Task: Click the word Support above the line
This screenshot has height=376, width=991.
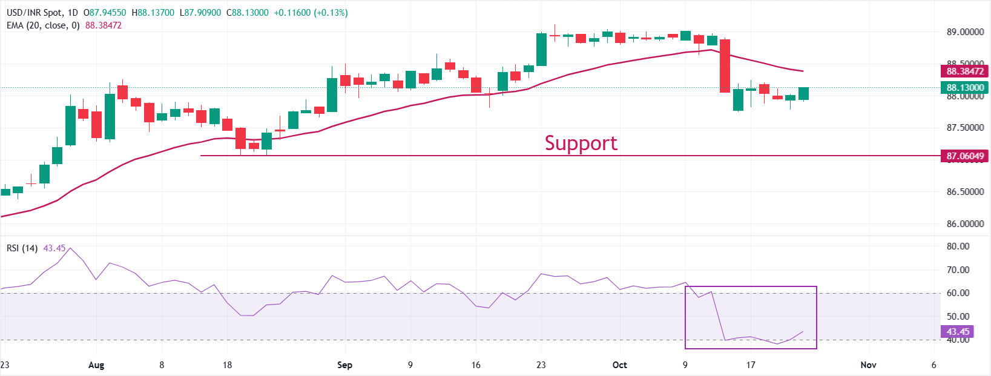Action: pos(581,143)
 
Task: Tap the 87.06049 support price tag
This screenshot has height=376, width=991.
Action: pos(964,156)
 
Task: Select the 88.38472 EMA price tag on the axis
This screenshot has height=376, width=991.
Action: pos(964,71)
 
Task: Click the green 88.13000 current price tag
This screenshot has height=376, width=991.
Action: pos(964,88)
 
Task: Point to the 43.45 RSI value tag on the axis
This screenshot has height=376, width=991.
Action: pos(958,332)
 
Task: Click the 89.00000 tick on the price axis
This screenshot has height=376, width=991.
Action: pos(965,32)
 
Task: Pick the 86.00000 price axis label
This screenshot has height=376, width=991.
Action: pos(965,224)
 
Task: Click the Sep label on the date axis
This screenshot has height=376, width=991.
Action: pos(344,365)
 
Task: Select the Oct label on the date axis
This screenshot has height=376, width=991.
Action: pos(619,365)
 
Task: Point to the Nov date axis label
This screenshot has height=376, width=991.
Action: pos(868,365)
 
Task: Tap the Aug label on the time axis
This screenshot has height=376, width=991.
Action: pos(96,365)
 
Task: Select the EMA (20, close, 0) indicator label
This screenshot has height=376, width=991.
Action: pos(43,25)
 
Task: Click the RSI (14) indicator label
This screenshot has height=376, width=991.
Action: pos(22,248)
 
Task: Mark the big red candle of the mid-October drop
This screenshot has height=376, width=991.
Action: pos(725,66)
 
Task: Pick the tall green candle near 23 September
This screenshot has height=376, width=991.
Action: pos(541,50)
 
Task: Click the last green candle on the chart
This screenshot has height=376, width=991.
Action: pos(803,93)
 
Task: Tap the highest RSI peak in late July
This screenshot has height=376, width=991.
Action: pos(70,248)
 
